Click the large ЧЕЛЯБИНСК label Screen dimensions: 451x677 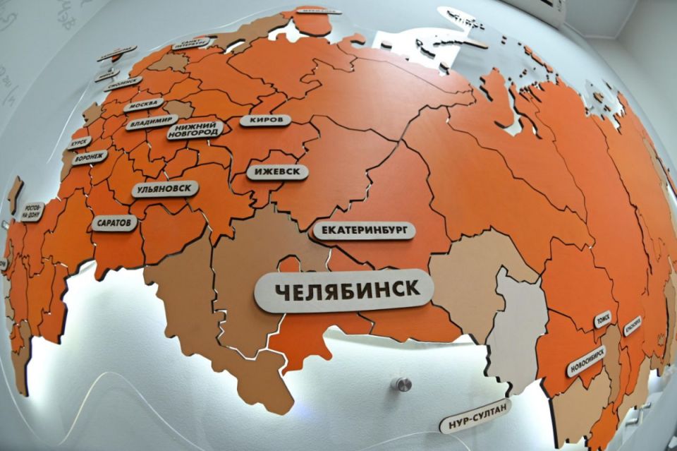pos(343,289)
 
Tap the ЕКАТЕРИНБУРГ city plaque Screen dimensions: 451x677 pos(364,231)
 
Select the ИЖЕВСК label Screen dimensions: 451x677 pos(277,172)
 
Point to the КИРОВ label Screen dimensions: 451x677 pos(265,120)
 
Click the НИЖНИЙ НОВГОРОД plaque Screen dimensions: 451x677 pos(195,130)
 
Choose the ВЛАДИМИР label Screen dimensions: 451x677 pos(152,123)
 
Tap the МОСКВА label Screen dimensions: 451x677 pos(143,105)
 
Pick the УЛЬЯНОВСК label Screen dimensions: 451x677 pos(164,189)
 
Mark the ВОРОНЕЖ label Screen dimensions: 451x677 pos(90,157)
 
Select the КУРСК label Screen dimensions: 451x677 pos(80,143)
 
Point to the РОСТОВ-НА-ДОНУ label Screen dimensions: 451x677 pos(32,211)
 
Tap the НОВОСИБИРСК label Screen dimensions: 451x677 pos(586,361)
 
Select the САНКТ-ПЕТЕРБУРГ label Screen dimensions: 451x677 pos(192,44)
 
